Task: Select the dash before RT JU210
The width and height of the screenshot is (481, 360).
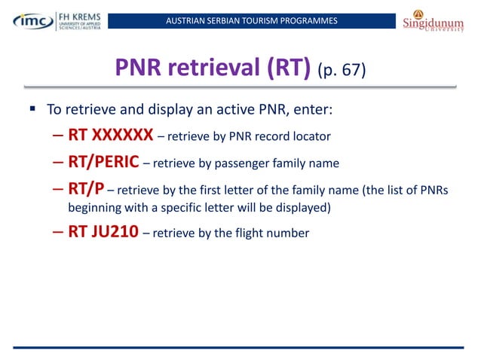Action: (58, 232)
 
